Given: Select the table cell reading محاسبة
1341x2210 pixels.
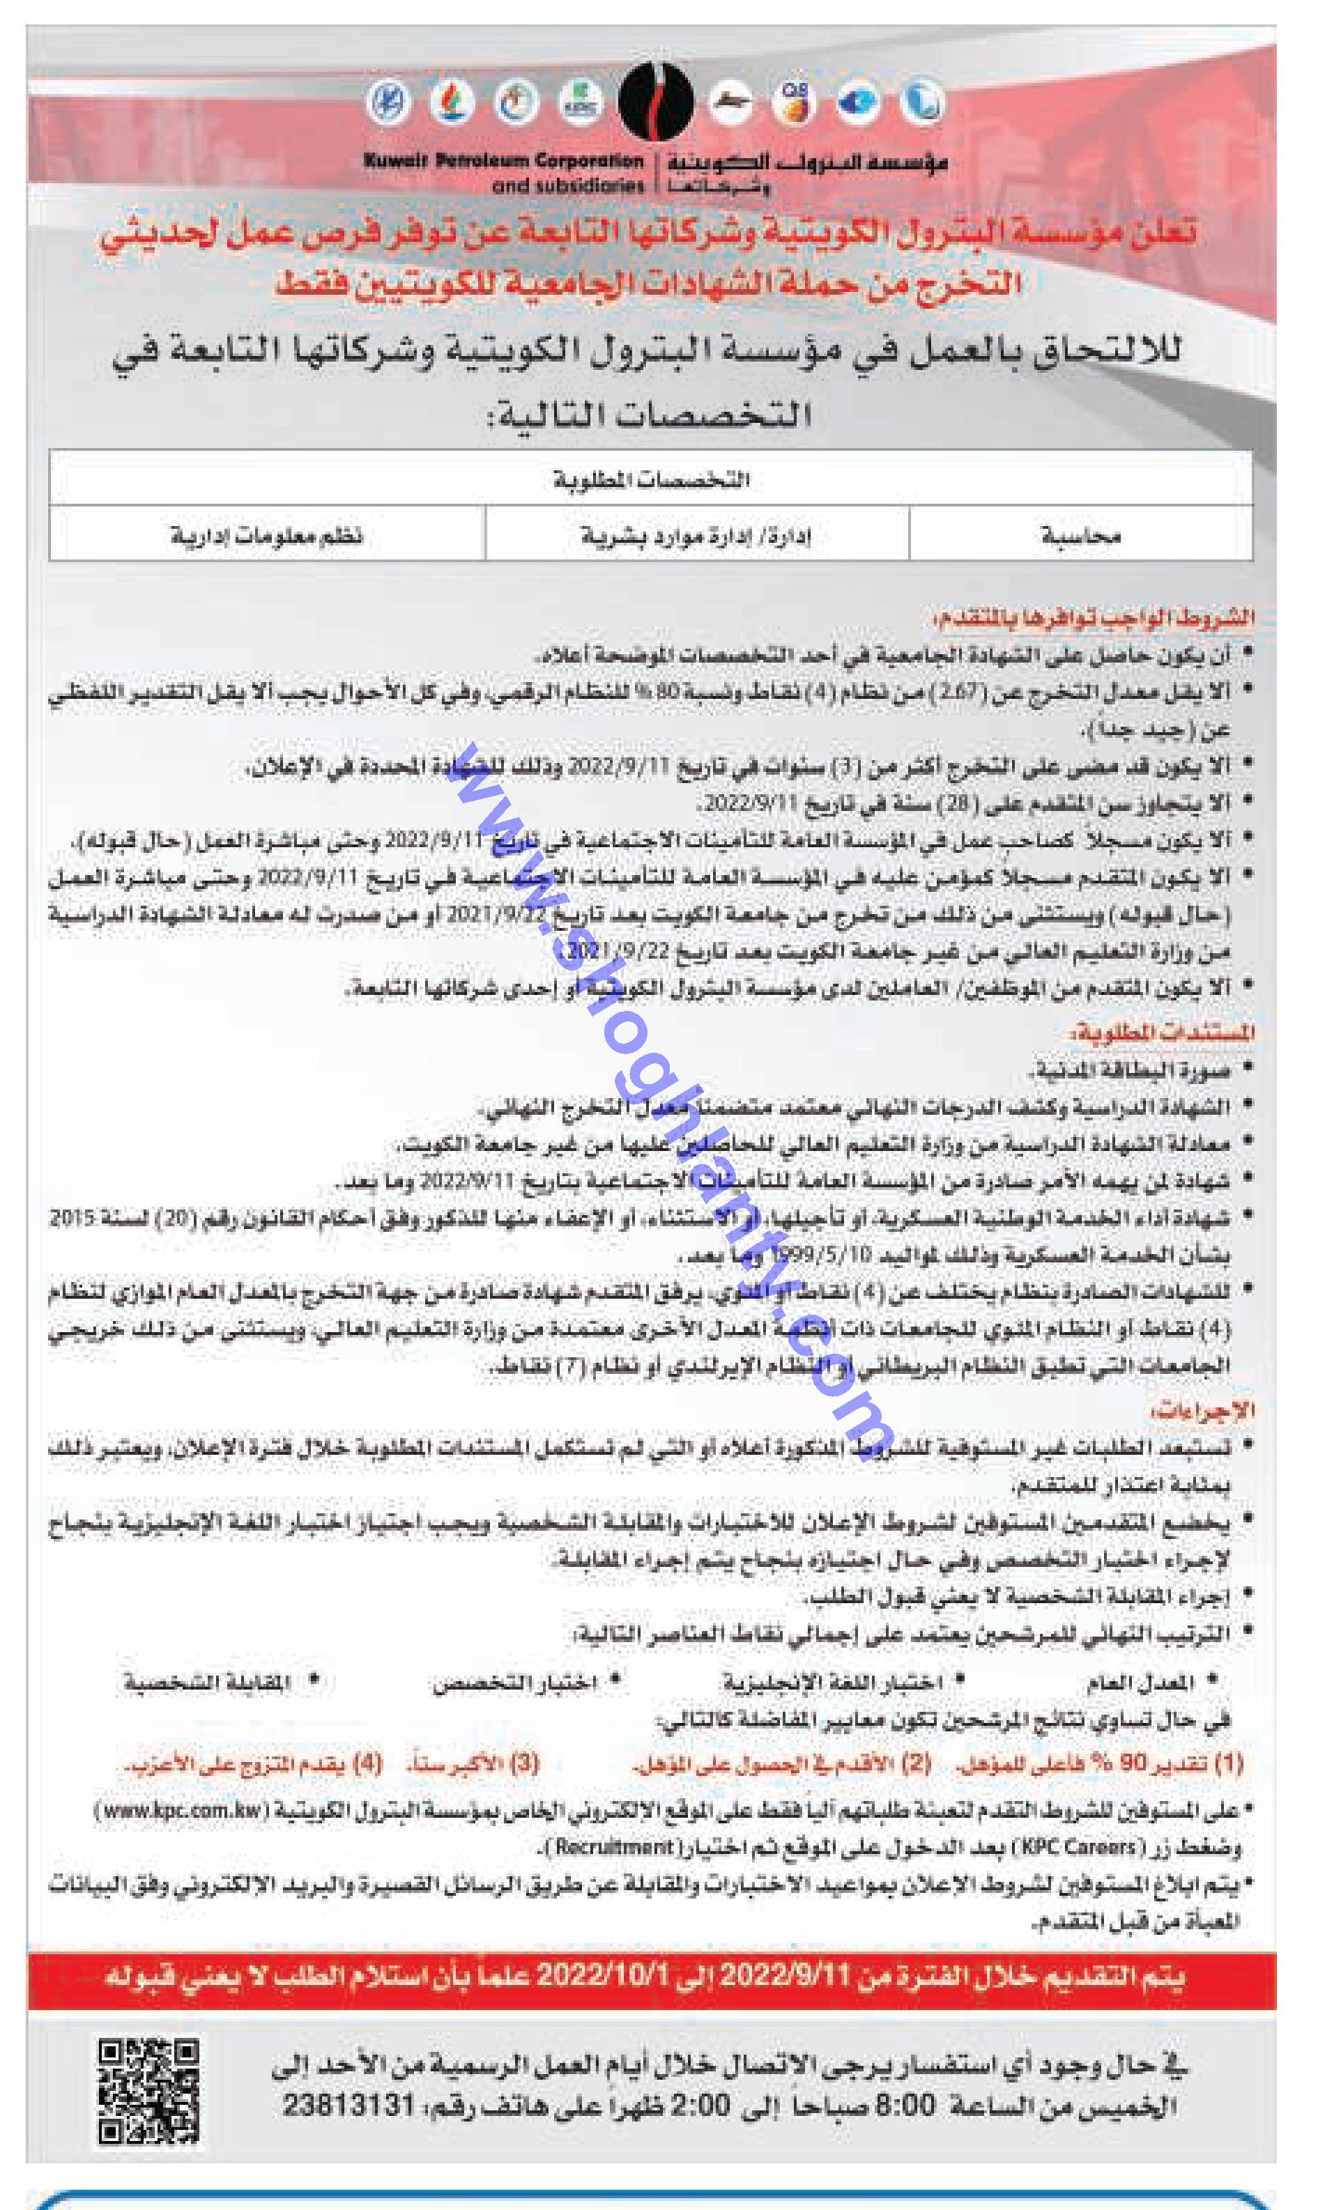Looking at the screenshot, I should click(1081, 536).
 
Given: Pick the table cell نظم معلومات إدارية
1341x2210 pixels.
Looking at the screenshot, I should click(268, 536).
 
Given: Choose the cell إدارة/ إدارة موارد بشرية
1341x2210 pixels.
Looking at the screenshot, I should click(697, 536).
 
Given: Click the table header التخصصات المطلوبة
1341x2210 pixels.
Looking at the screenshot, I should click(650, 481).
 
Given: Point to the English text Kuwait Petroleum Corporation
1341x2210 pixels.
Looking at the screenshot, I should click(503, 162).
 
